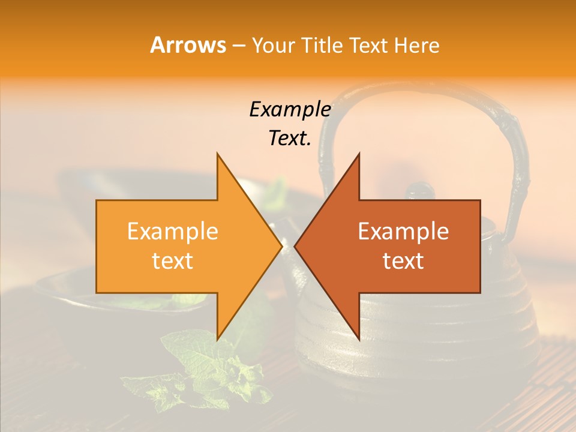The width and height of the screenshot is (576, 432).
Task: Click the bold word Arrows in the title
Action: [188, 46]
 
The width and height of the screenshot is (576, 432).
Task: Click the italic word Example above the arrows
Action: [290, 109]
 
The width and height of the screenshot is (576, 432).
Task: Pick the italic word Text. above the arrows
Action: [290, 139]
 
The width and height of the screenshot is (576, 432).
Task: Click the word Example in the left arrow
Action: [172, 232]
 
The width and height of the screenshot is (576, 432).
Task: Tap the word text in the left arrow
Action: [172, 261]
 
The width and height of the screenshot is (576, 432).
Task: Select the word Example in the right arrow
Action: [403, 232]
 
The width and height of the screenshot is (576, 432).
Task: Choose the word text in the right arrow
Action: [403, 261]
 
